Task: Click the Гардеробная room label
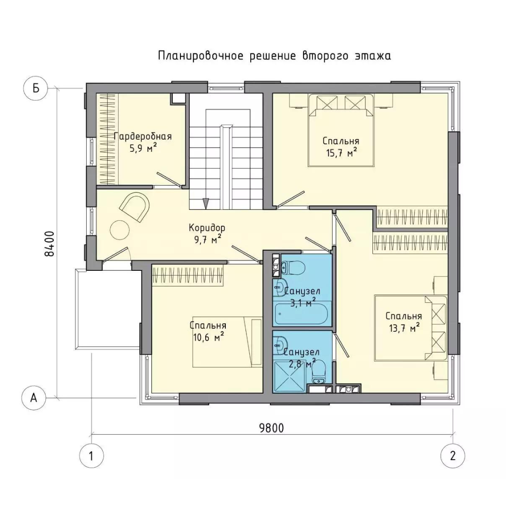(143, 136)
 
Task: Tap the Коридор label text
(207, 228)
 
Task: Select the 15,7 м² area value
(341, 152)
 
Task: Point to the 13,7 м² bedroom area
(404, 328)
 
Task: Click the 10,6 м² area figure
(208, 337)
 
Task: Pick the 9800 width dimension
(271, 428)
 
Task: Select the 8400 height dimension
(50, 244)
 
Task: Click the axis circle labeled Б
(36, 88)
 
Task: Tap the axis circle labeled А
(34, 398)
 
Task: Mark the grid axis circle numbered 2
(453, 456)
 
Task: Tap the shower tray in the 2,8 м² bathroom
(289, 376)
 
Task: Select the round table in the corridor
(120, 230)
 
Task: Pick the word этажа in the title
(373, 56)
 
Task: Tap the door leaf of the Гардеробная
(169, 179)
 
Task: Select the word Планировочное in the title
(201, 56)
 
